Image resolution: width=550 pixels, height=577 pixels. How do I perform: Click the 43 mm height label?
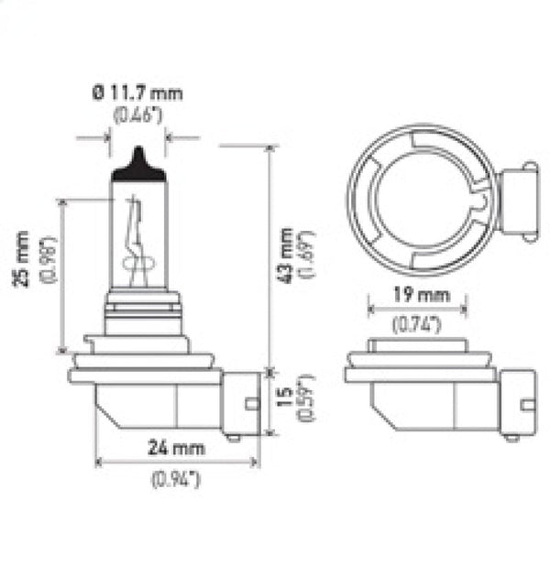pos(287,255)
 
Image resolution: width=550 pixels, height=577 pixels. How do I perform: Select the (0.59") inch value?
pos(307,400)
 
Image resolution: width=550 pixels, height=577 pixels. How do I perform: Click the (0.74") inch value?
pos(417,323)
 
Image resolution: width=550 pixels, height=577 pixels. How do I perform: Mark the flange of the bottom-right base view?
pos(419,375)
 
